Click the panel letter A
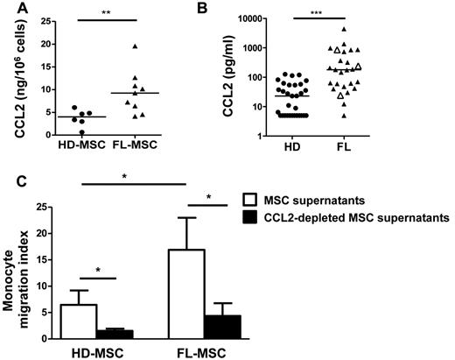coord(8,8)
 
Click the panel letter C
coord(8,183)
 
